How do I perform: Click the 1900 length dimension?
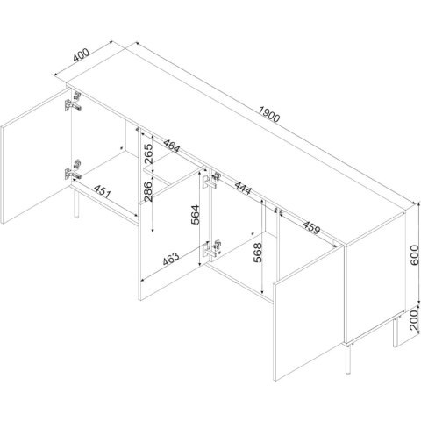(x=269, y=114)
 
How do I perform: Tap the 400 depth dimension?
(x=81, y=55)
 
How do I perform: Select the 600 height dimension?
(x=414, y=255)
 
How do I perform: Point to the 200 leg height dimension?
(x=414, y=320)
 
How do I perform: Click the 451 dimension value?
(x=103, y=191)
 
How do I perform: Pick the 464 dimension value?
(x=172, y=146)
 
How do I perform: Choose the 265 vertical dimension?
(x=148, y=153)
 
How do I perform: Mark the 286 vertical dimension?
(x=148, y=191)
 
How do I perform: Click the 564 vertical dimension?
(x=195, y=215)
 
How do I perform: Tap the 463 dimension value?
(x=171, y=259)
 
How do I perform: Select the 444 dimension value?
(x=243, y=189)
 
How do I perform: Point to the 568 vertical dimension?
(x=258, y=253)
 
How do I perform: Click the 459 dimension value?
(x=311, y=227)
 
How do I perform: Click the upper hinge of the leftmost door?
(x=73, y=102)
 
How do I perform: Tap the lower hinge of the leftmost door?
(x=73, y=171)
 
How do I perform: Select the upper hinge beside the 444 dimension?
(x=212, y=180)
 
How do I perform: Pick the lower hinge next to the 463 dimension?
(x=212, y=248)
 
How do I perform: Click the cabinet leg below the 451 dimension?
(x=76, y=203)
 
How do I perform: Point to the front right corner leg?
(x=348, y=360)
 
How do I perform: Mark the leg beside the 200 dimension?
(x=396, y=332)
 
